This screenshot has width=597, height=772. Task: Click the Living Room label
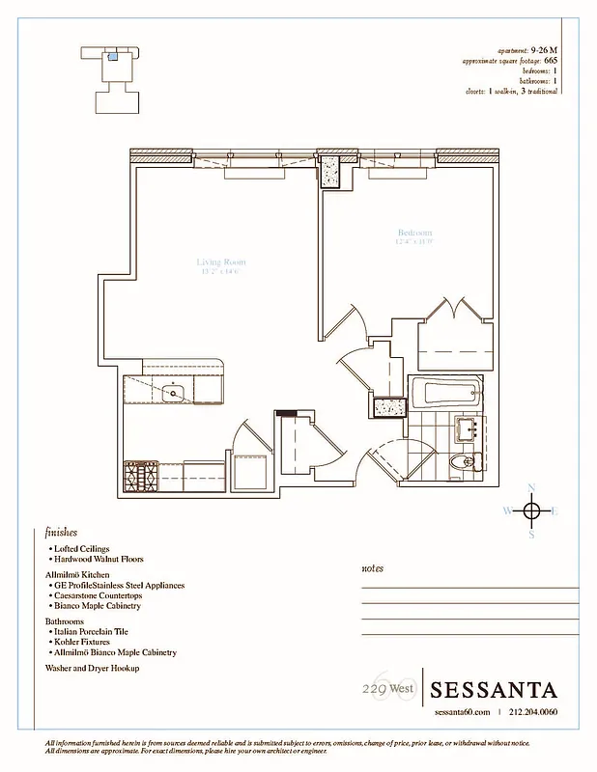(221, 262)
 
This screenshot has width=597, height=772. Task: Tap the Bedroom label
(414, 234)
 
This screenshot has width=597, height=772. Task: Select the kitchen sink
(175, 392)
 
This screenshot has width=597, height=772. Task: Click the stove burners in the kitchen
(141, 476)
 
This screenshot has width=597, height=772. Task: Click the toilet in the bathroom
(462, 463)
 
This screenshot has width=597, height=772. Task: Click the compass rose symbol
(531, 510)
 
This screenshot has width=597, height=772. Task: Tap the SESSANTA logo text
(494, 690)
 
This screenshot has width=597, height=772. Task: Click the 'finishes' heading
(61, 532)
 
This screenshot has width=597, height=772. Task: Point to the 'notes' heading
(372, 568)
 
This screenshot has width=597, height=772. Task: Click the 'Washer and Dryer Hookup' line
(93, 668)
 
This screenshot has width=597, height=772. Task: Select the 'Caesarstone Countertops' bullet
(99, 596)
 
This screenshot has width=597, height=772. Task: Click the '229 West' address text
(383, 688)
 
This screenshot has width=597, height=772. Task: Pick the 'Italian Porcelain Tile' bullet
(96, 631)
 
